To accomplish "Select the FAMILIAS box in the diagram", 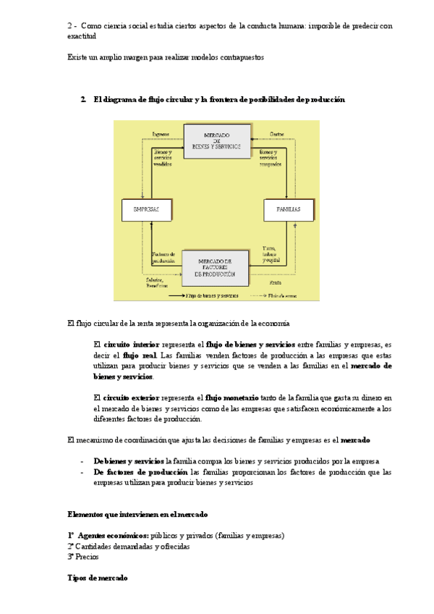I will [x=288, y=210].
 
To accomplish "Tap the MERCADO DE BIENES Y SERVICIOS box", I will [x=216, y=140].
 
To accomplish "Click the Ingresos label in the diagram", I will [x=161, y=134].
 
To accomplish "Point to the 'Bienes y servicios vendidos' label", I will [x=163, y=158].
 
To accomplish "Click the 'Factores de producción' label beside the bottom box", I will [x=164, y=257].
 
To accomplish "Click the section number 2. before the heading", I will [x=84, y=99].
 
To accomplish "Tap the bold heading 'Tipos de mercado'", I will [x=98, y=579].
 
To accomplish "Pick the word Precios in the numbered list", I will [x=88, y=557].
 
